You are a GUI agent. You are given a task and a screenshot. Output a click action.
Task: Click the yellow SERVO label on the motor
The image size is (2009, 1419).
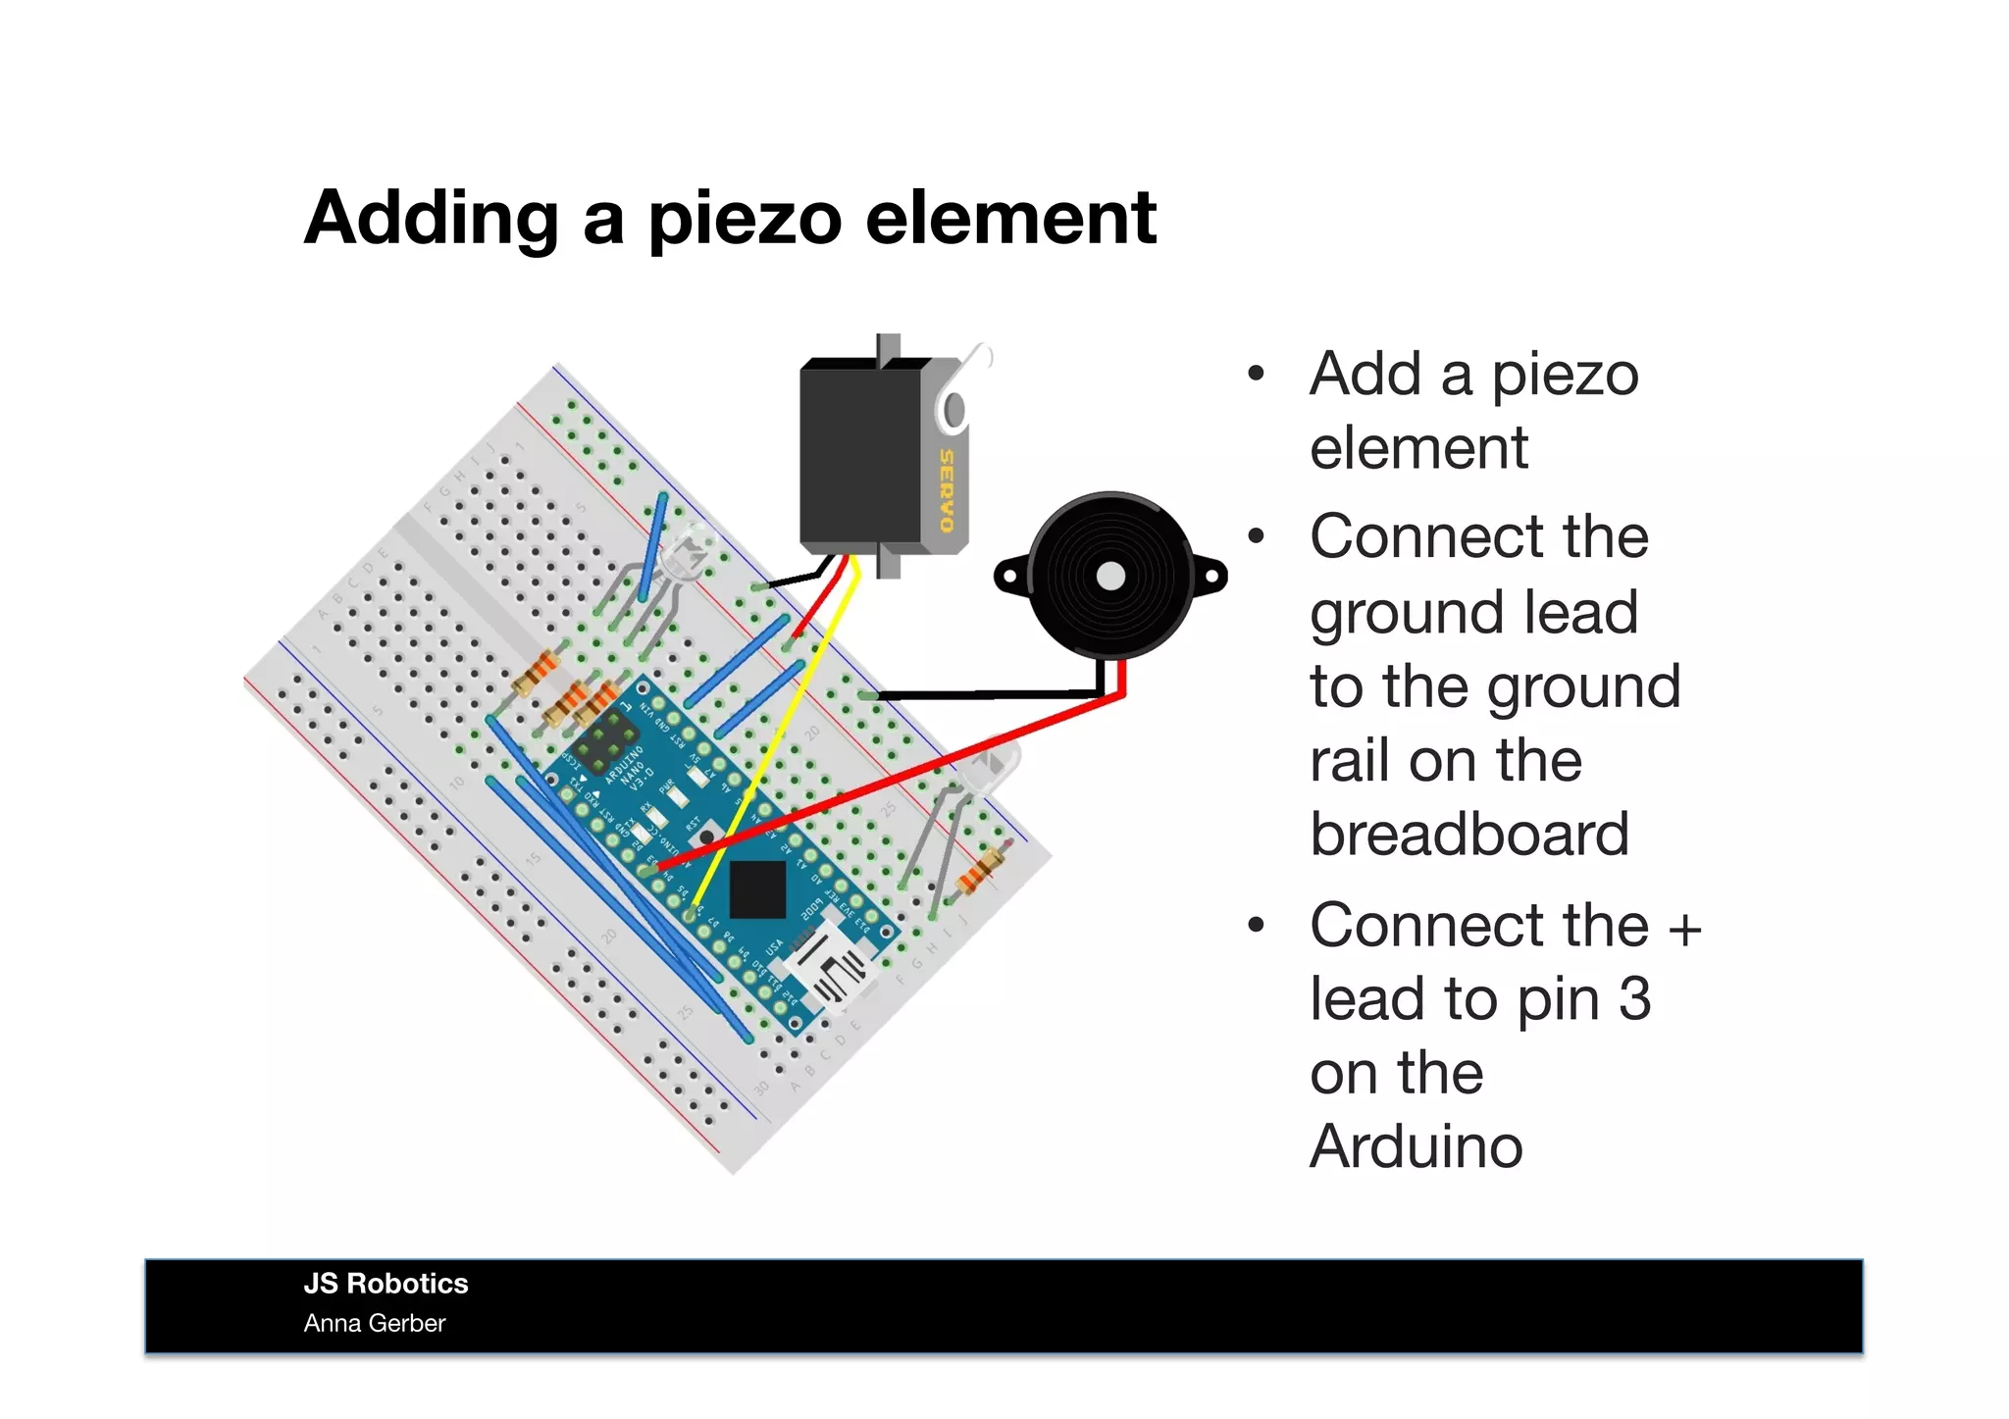(x=946, y=489)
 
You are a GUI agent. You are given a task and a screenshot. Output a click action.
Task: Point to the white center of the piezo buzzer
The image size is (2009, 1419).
(x=1110, y=576)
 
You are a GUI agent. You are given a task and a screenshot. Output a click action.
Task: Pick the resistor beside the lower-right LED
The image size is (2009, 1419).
(x=981, y=869)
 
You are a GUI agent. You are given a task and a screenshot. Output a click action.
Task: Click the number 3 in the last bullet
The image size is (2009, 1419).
(x=1634, y=999)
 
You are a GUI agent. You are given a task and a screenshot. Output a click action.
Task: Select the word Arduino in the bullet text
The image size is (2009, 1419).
(x=1416, y=1146)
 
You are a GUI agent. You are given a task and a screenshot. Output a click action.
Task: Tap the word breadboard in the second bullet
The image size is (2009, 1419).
(x=1468, y=835)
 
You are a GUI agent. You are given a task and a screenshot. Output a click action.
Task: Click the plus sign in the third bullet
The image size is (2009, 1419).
(x=1685, y=927)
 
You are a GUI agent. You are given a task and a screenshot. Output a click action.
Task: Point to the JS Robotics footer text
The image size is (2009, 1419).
(x=386, y=1284)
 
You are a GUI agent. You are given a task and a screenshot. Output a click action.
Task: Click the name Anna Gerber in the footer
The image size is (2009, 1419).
(x=374, y=1324)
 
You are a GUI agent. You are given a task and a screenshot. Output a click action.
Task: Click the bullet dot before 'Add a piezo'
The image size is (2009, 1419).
(x=1257, y=375)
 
